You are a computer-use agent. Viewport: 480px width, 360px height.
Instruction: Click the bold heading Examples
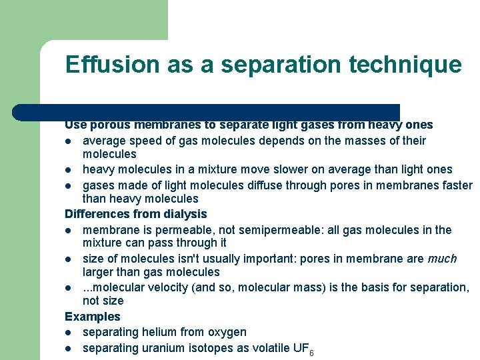coord(93,317)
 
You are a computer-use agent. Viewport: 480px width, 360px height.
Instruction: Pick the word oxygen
coord(227,332)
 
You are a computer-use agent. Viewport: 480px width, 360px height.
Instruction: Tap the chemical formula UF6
coord(302,349)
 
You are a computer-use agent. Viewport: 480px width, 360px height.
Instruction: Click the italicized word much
coord(442,259)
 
